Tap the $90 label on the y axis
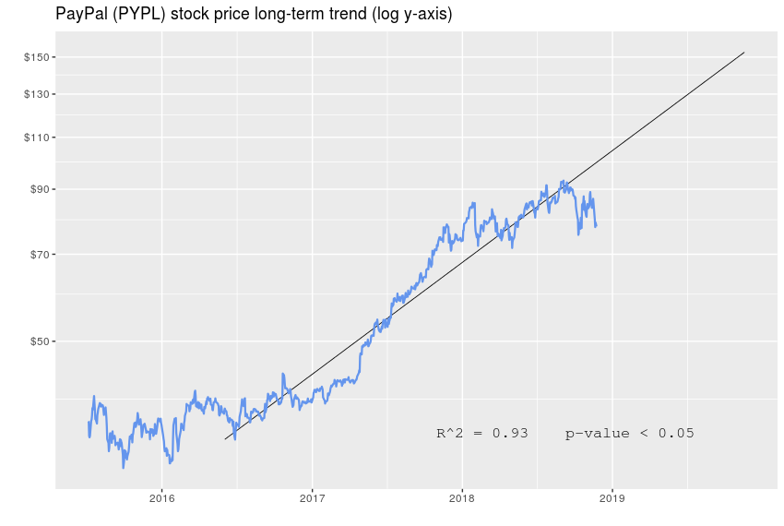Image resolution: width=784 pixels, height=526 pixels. [x=39, y=189]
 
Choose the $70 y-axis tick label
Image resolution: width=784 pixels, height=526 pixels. [x=39, y=254]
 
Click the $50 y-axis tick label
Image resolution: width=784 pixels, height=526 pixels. [x=39, y=341]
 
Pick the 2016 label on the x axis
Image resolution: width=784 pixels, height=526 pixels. [x=161, y=500]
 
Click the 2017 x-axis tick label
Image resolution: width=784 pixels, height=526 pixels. [x=312, y=500]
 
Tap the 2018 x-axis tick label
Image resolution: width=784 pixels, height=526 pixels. [x=462, y=500]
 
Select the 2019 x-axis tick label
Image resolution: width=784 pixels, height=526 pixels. [x=612, y=500]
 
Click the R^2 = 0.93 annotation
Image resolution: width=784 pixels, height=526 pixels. [x=481, y=433]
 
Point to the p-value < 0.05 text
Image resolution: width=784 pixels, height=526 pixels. [x=629, y=433]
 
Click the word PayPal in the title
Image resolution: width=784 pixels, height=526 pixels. [x=81, y=15]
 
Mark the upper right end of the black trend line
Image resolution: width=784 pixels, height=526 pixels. [x=744, y=53]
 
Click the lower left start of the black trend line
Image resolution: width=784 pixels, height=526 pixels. [x=225, y=439]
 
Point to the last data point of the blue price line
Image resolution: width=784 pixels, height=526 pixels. [x=596, y=225]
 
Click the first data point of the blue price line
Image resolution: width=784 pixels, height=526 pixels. [x=89, y=423]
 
